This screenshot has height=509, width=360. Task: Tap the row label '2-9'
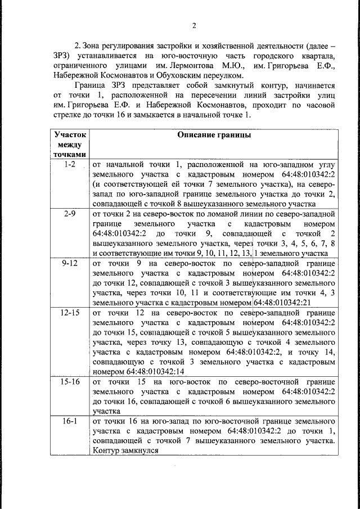tap(70, 213)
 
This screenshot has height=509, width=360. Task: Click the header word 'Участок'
tap(70, 135)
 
